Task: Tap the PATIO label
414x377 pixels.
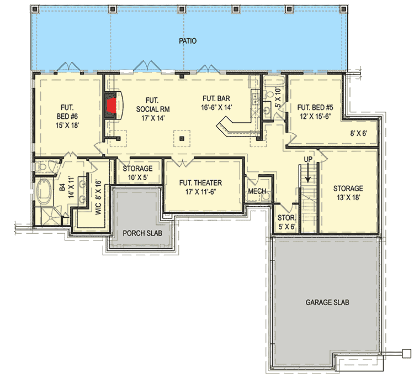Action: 188,41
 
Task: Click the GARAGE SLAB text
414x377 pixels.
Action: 327,303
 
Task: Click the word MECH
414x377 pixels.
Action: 257,191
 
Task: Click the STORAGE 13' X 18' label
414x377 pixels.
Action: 348,193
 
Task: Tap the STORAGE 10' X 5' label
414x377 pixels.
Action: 138,172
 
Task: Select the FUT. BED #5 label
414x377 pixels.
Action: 314,112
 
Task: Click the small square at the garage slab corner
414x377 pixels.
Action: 407,352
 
